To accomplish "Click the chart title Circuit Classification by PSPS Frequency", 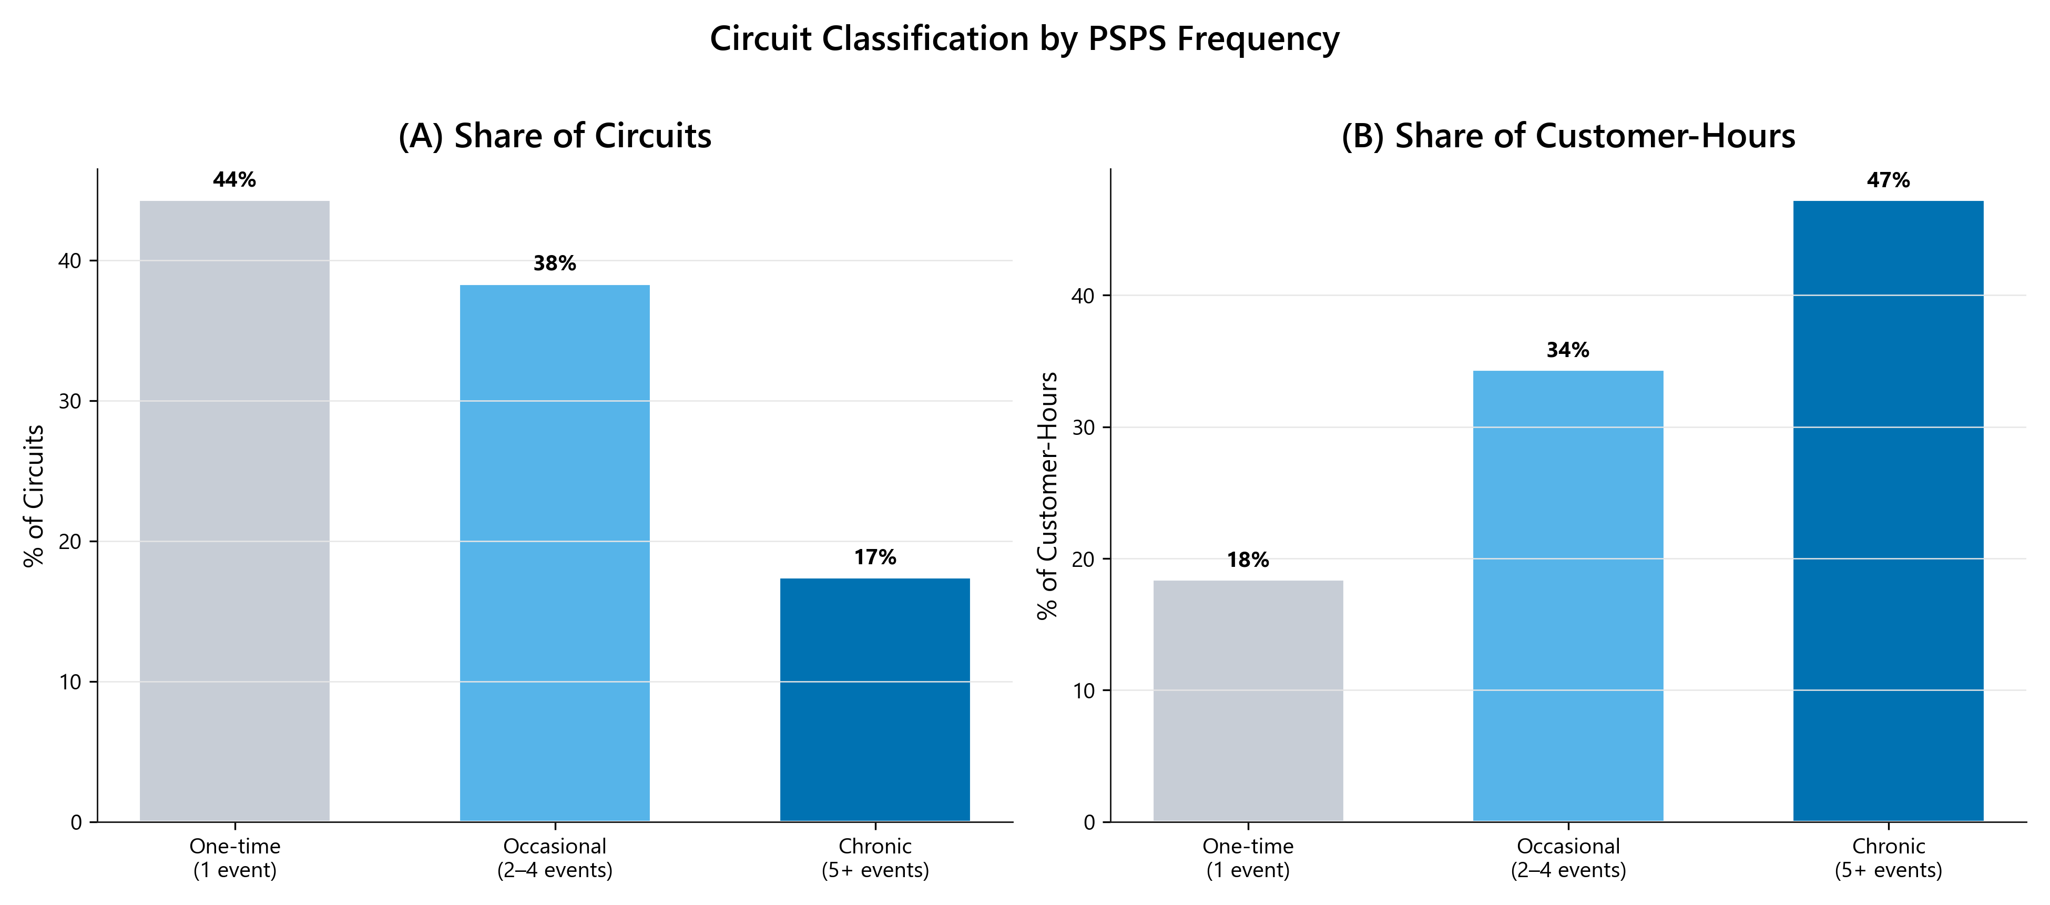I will coord(1024,38).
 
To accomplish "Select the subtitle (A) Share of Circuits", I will coord(555,136).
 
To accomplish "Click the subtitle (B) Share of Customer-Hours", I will coord(1568,136).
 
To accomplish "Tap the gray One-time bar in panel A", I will coord(235,510).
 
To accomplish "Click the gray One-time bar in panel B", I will coord(1248,700).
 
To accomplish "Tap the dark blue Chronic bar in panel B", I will coord(1888,510).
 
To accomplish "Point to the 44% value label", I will coord(235,180).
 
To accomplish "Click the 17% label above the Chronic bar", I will coord(874,557).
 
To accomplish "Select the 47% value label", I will coord(1888,181).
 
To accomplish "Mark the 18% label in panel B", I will coord(1248,561).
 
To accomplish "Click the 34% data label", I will coord(1568,350).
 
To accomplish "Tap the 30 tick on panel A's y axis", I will coord(70,401).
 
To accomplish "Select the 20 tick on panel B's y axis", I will coord(1083,560).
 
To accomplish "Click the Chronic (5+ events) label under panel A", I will coord(874,858).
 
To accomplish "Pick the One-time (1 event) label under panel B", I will coord(1248,858).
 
